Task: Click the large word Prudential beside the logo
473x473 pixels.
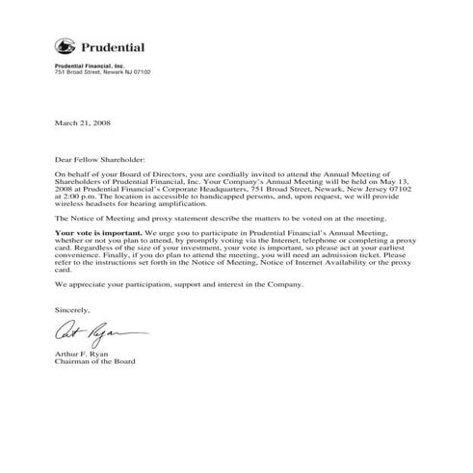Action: click(113, 46)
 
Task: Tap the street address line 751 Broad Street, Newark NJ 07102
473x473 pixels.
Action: click(102, 72)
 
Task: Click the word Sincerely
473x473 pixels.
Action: click(72, 309)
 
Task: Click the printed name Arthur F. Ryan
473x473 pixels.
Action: click(83, 355)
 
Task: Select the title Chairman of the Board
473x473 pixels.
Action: click(95, 362)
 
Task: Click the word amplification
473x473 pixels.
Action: click(179, 204)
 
